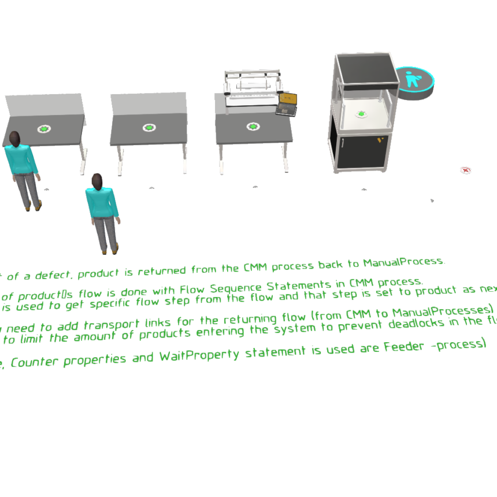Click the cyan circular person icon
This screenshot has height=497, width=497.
click(413, 79)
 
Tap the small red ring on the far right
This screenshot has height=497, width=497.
click(465, 169)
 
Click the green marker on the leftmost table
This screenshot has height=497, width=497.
click(44, 128)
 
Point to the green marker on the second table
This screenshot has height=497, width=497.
click(149, 127)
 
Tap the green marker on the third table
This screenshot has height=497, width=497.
click(253, 126)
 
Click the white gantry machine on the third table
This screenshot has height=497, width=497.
click(253, 87)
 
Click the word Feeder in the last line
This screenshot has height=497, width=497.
click(407, 347)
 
